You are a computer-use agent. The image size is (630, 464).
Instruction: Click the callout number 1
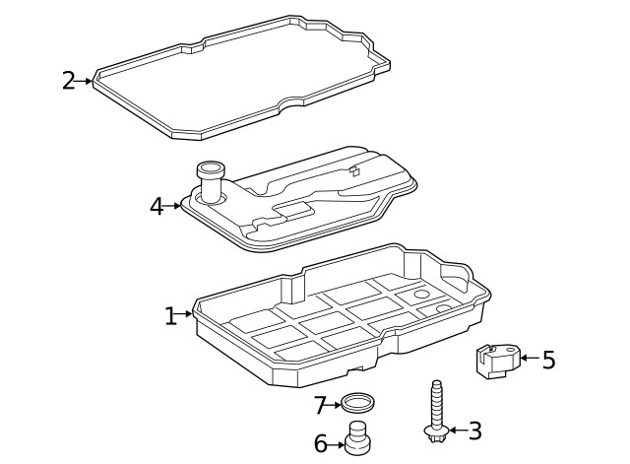tap(170, 315)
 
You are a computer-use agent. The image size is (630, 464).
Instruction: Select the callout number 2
tap(68, 81)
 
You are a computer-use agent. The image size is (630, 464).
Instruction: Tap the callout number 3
tap(475, 431)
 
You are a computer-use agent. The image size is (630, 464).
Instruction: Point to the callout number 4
tap(157, 207)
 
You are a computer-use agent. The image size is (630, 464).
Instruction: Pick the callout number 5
tap(548, 360)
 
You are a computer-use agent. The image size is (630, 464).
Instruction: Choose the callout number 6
tap(320, 444)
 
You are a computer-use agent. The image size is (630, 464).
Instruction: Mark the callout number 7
tap(320, 405)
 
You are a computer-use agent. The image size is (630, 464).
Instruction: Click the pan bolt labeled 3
tap(435, 409)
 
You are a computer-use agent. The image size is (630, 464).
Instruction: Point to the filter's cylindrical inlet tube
tap(211, 181)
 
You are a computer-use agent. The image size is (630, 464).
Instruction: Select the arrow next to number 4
tap(175, 207)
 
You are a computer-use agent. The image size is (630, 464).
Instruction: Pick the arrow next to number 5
tap(527, 359)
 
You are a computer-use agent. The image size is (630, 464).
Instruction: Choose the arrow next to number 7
tap(335, 405)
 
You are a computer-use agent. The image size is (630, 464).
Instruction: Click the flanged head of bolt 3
tap(436, 430)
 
